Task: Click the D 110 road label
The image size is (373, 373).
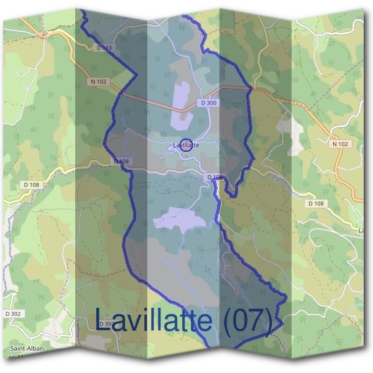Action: point(104,47)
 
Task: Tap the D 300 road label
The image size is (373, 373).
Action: point(209,103)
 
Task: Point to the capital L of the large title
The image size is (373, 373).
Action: point(104,320)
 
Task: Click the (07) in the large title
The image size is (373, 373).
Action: point(247,320)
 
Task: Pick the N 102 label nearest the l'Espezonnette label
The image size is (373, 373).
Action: point(340,144)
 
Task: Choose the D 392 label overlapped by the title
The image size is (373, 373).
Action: point(106,324)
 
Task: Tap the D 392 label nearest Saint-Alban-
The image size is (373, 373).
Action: point(13,314)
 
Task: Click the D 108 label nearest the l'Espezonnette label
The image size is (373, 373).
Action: point(315,204)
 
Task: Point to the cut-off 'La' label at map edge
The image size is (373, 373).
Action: point(362,231)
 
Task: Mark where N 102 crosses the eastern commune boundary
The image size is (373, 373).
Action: point(251,88)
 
